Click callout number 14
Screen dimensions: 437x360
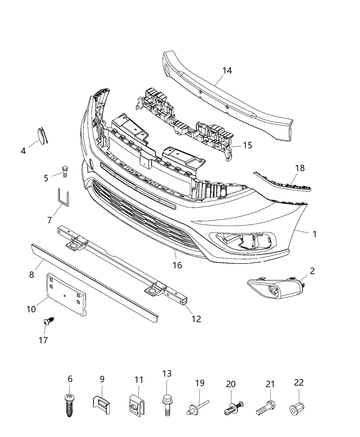(227, 71)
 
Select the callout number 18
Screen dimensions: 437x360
(300, 168)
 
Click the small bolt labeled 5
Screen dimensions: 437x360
(64, 170)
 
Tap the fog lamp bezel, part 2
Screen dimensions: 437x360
(276, 287)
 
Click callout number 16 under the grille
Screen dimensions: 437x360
(177, 265)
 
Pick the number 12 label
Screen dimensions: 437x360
(196, 319)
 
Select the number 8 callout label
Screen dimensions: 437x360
(32, 275)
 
